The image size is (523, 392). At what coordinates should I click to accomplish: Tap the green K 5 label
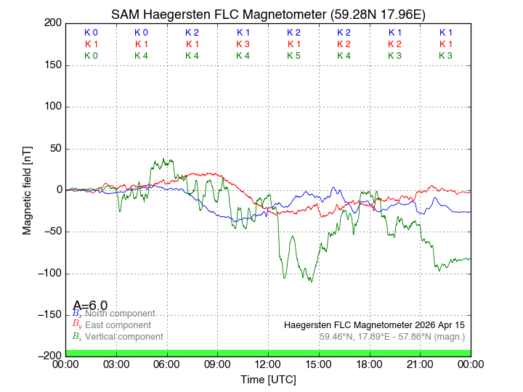293,55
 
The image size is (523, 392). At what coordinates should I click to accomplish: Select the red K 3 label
243,44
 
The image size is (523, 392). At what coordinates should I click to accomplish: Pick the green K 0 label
91,55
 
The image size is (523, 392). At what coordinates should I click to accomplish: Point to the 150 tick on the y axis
52,65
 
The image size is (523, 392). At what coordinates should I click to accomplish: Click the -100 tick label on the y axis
49,273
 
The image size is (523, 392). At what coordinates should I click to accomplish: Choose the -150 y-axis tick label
49,314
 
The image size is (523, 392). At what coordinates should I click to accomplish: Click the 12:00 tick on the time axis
268,364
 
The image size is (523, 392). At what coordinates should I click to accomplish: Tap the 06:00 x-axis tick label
167,364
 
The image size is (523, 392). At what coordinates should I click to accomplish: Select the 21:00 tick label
420,364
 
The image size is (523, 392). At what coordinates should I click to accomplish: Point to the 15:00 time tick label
319,364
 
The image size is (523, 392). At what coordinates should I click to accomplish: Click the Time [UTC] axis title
268,379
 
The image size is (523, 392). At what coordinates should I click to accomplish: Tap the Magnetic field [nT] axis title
27,189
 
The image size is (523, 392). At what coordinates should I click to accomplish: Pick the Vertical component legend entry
121,337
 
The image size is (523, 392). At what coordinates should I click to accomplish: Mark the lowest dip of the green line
312,282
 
